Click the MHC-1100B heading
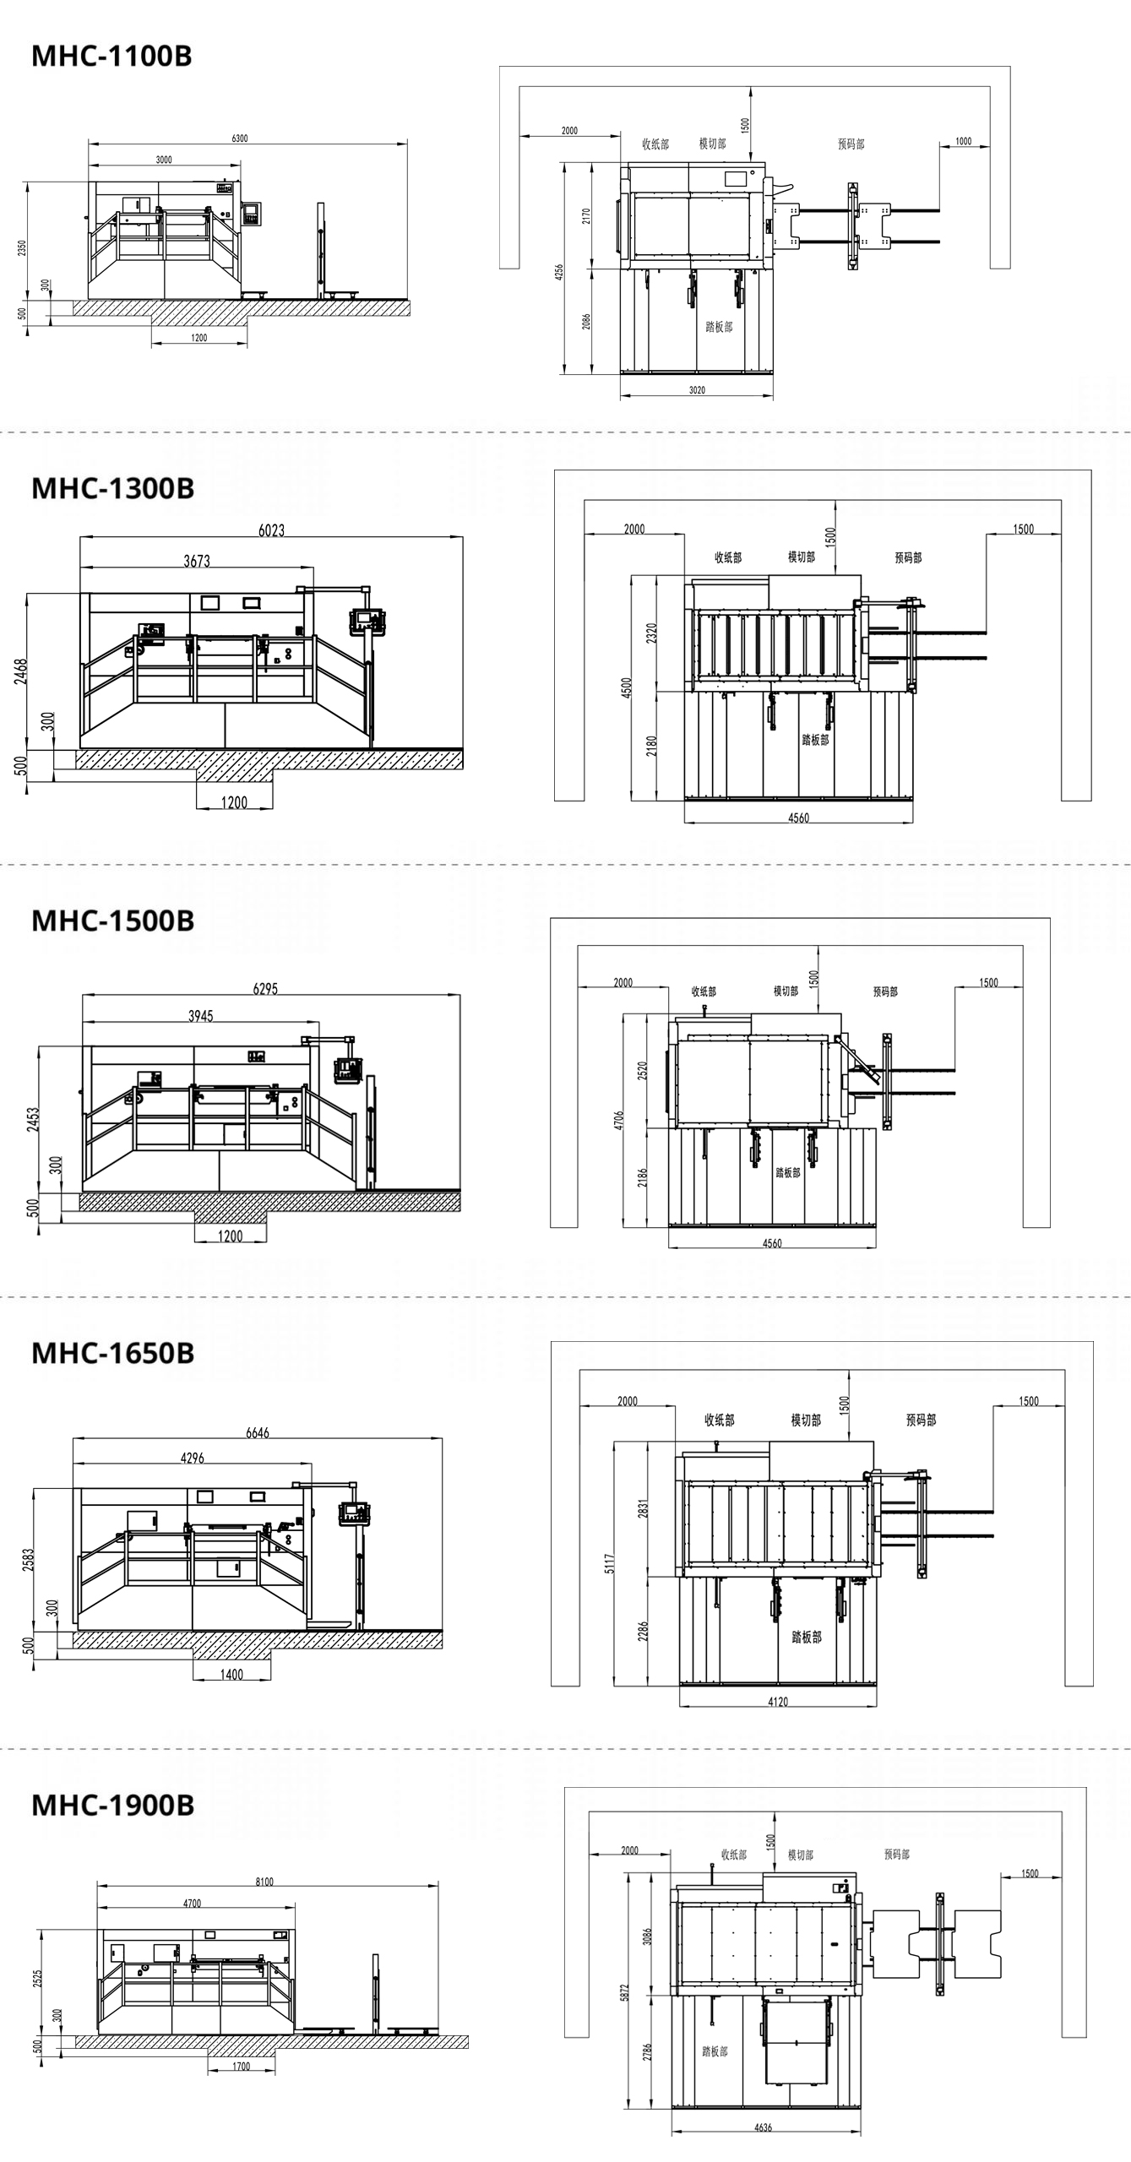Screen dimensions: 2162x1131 (111, 56)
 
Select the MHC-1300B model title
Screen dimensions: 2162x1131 (112, 488)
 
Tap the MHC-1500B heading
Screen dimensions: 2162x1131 (112, 921)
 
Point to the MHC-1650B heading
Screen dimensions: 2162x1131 (112, 1353)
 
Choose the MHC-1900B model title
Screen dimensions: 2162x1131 (112, 1805)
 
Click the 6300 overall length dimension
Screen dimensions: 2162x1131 (240, 139)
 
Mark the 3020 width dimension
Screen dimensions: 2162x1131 (697, 390)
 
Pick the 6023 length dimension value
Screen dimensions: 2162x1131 (271, 530)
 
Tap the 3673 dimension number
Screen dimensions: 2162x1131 (197, 561)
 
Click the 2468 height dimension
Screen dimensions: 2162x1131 (21, 671)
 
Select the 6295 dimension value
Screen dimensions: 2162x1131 (265, 988)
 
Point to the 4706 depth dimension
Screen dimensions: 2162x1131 (618, 1121)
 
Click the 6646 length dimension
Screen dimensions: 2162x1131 (258, 1432)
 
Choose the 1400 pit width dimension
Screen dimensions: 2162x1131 (231, 1674)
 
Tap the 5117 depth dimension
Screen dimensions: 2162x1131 (610, 1564)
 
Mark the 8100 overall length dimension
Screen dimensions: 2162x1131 (264, 1882)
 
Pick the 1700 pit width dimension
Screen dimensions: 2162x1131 (241, 2067)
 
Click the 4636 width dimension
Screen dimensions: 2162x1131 (763, 2127)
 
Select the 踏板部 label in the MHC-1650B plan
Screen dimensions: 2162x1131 (807, 1637)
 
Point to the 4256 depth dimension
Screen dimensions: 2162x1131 (559, 272)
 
